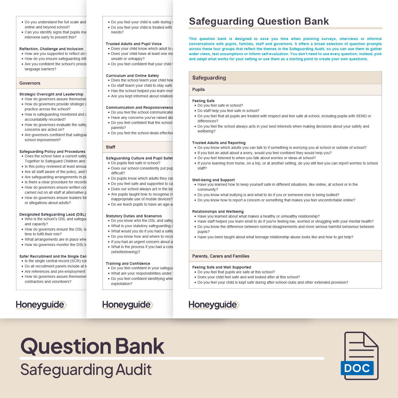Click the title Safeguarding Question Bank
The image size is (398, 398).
[259, 21]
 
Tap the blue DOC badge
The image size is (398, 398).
[357, 368]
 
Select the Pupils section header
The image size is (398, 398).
[198, 90]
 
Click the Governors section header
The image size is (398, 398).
[30, 83]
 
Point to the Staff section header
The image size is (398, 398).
[111, 147]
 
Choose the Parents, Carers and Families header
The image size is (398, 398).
[221, 256]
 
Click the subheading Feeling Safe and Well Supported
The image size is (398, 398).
[222, 267]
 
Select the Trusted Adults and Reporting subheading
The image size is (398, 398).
[219, 143]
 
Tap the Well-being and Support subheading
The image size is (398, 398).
[213, 180]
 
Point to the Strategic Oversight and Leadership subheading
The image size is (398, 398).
[51, 94]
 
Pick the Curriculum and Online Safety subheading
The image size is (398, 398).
[132, 76]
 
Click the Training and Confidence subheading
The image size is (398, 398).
[128, 263]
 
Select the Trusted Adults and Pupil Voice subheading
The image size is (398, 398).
[133, 44]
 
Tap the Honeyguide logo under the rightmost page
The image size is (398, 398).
[214, 305]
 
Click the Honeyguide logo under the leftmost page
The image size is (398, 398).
[41, 305]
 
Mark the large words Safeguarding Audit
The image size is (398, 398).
[86, 370]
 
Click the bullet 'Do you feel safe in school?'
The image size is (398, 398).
[220, 105]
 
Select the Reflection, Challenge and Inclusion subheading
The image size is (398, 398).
[51, 49]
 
